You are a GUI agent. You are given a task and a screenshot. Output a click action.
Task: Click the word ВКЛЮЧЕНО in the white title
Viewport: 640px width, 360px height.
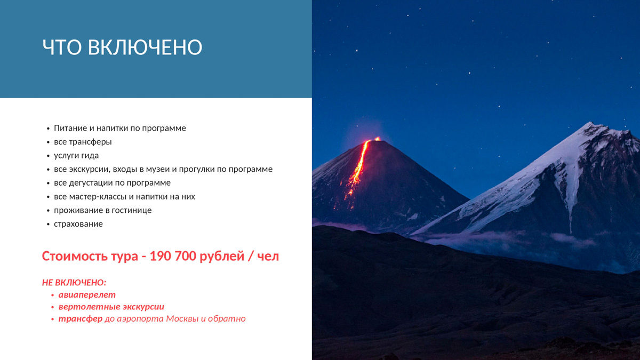pos(145,47)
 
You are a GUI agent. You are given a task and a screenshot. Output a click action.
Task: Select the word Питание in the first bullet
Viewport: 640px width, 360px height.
pos(70,128)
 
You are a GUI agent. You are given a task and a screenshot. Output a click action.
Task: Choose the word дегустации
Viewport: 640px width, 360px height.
pos(91,183)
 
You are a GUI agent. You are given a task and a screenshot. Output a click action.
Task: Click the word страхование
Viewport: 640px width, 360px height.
pos(78,224)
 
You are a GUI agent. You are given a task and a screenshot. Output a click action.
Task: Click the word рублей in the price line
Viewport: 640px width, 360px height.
pos(222,256)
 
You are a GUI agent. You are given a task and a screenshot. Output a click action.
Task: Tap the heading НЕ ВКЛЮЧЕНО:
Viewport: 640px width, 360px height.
pos(74,283)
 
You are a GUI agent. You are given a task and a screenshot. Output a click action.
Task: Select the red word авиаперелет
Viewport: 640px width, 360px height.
pos(87,295)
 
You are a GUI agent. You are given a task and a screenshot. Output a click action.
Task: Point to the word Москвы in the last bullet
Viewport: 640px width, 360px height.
pos(182,319)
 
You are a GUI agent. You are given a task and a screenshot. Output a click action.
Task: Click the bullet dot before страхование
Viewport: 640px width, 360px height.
pos(48,225)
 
